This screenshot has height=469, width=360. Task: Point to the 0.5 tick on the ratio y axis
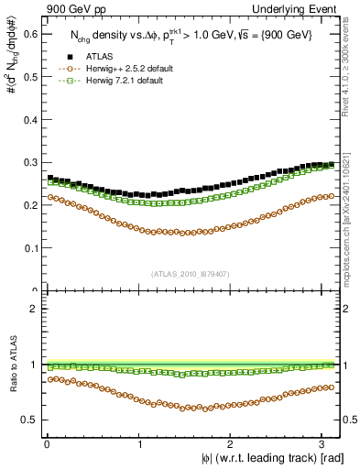(33, 420)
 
